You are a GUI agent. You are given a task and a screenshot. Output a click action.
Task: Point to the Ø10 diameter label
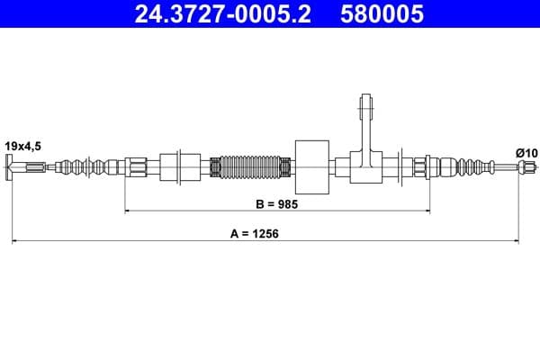coord(526,153)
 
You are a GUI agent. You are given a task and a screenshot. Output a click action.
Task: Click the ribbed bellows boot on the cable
coord(251,166)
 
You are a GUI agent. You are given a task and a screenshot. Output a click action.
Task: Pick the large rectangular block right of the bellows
coord(312,166)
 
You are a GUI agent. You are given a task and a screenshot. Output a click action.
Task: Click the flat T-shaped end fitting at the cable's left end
coord(12,166)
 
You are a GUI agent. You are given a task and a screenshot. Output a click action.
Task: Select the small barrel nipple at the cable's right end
coord(518,166)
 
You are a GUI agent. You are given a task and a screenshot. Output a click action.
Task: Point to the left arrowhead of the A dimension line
coord(15,240)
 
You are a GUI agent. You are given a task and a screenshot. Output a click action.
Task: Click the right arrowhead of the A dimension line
coord(515,240)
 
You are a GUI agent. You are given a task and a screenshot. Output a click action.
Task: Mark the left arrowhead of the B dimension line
coord(128,211)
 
